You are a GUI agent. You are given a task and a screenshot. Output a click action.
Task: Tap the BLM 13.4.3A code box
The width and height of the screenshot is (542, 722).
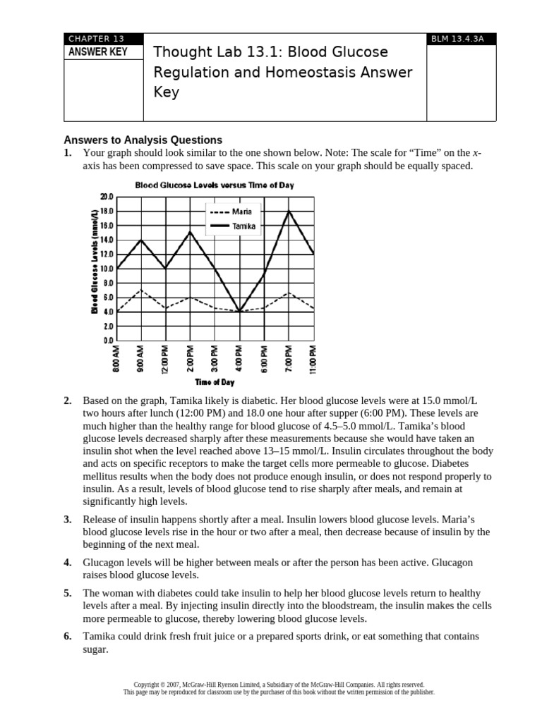(462, 39)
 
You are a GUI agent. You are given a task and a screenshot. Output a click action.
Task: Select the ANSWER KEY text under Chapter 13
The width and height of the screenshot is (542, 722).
(97, 52)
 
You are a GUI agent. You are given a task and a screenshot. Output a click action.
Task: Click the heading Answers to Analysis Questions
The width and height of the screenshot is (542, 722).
(143, 140)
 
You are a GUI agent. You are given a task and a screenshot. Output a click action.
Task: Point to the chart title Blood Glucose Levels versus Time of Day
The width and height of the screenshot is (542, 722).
(215, 185)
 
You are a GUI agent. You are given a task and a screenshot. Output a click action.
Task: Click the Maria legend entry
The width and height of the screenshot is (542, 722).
(242, 212)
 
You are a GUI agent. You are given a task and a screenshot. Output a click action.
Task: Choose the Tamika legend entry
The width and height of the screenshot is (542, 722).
(243, 226)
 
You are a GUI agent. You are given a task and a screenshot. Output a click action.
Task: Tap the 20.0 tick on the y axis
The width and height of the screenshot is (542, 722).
(106, 197)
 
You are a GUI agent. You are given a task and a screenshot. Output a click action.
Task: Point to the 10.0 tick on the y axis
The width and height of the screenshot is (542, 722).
(106, 269)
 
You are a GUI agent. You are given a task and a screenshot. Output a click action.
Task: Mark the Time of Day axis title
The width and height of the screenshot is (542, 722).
(215, 383)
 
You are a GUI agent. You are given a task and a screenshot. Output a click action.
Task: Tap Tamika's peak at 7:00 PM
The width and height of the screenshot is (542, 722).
(288, 211)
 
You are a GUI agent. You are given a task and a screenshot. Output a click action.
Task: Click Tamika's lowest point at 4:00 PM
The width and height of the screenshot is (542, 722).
(239, 311)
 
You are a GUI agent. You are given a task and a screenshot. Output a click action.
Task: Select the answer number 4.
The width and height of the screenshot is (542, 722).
(68, 563)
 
